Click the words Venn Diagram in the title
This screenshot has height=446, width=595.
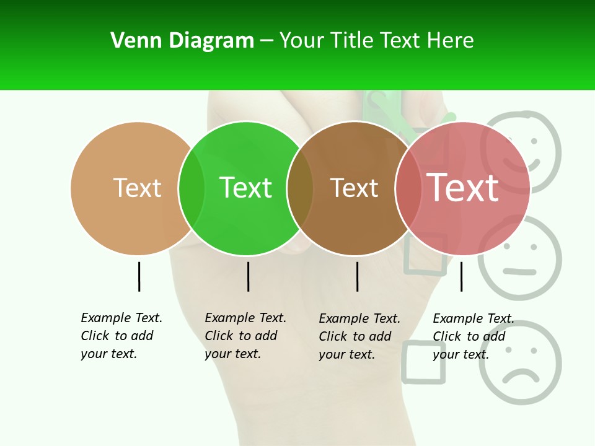click(x=182, y=41)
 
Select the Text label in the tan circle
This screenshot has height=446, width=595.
click(x=137, y=188)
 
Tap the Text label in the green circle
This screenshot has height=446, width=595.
click(x=245, y=188)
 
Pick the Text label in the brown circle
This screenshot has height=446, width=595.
click(x=354, y=188)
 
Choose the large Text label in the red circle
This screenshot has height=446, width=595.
click(x=462, y=187)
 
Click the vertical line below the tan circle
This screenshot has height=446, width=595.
click(x=139, y=276)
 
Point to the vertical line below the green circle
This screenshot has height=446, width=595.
click(x=248, y=276)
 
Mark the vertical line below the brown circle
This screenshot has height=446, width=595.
click(x=357, y=276)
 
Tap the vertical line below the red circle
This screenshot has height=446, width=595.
click(x=461, y=276)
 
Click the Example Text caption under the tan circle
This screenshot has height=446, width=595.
click(x=121, y=336)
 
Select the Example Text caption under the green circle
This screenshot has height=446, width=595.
click(x=245, y=336)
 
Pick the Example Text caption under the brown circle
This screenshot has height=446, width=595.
click(x=359, y=336)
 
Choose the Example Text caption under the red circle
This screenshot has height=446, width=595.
click(x=474, y=336)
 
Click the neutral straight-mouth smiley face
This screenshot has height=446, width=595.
click(x=519, y=258)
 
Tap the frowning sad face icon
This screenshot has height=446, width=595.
click(x=519, y=363)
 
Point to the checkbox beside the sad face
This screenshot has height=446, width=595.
click(x=424, y=362)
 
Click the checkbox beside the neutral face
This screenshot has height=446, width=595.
click(x=426, y=254)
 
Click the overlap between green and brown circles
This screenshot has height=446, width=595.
click(x=301, y=188)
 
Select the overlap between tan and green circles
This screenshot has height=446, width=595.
click(x=192, y=188)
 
